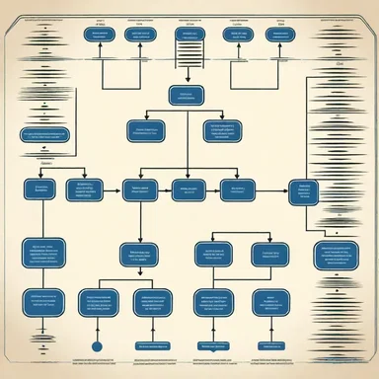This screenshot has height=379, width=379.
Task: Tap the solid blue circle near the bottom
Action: (97, 345)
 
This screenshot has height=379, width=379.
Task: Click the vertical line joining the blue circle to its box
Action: (97, 329)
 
